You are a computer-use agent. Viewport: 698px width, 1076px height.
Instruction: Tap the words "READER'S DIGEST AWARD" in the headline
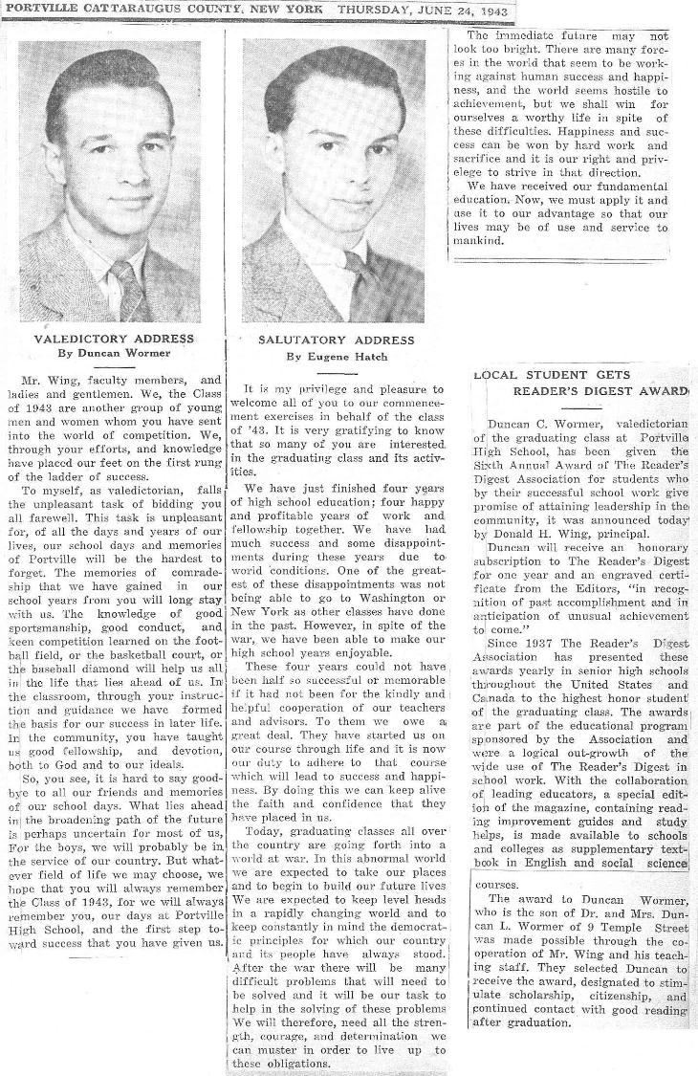pyautogui.click(x=601, y=390)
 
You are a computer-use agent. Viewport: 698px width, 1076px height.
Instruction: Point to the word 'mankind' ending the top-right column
pyautogui.click(x=475, y=242)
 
